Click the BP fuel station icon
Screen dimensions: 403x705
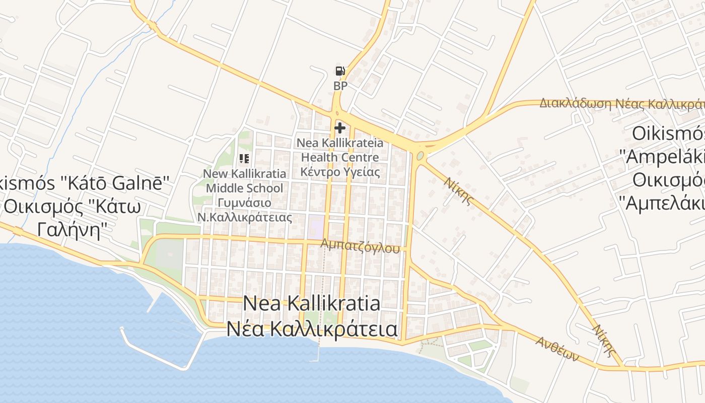[x=340, y=72]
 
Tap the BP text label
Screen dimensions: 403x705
[x=340, y=86]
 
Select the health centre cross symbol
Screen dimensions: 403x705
[x=340, y=128]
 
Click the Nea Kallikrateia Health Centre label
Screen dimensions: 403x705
[x=340, y=150]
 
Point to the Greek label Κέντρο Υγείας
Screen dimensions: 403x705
[x=340, y=171]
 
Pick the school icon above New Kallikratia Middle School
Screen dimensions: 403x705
[x=244, y=159]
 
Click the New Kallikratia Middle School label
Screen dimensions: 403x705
[x=245, y=181]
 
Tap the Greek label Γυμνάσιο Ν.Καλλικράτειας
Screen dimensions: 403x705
[x=245, y=210]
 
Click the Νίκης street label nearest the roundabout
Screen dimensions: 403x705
[x=459, y=190]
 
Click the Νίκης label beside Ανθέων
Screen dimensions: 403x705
[x=604, y=341]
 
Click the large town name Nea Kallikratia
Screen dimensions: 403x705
[x=311, y=304]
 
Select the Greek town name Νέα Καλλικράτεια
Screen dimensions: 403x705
[x=312, y=329]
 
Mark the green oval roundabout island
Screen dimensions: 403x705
[x=420, y=156]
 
